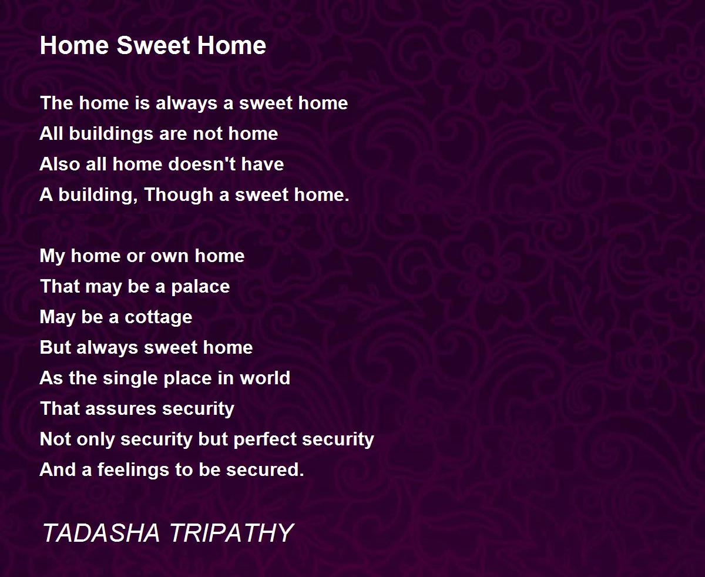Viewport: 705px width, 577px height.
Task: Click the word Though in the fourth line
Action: tap(179, 195)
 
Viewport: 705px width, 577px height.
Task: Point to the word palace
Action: tap(200, 287)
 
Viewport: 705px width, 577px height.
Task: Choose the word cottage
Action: tap(159, 317)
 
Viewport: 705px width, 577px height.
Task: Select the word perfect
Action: tap(265, 439)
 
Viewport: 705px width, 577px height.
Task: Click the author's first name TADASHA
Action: tap(101, 532)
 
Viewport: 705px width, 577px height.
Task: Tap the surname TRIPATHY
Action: tap(232, 532)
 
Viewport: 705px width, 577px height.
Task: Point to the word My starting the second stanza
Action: tap(52, 256)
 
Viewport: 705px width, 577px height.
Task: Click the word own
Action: tap(170, 257)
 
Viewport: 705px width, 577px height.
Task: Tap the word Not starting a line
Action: tap(55, 439)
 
